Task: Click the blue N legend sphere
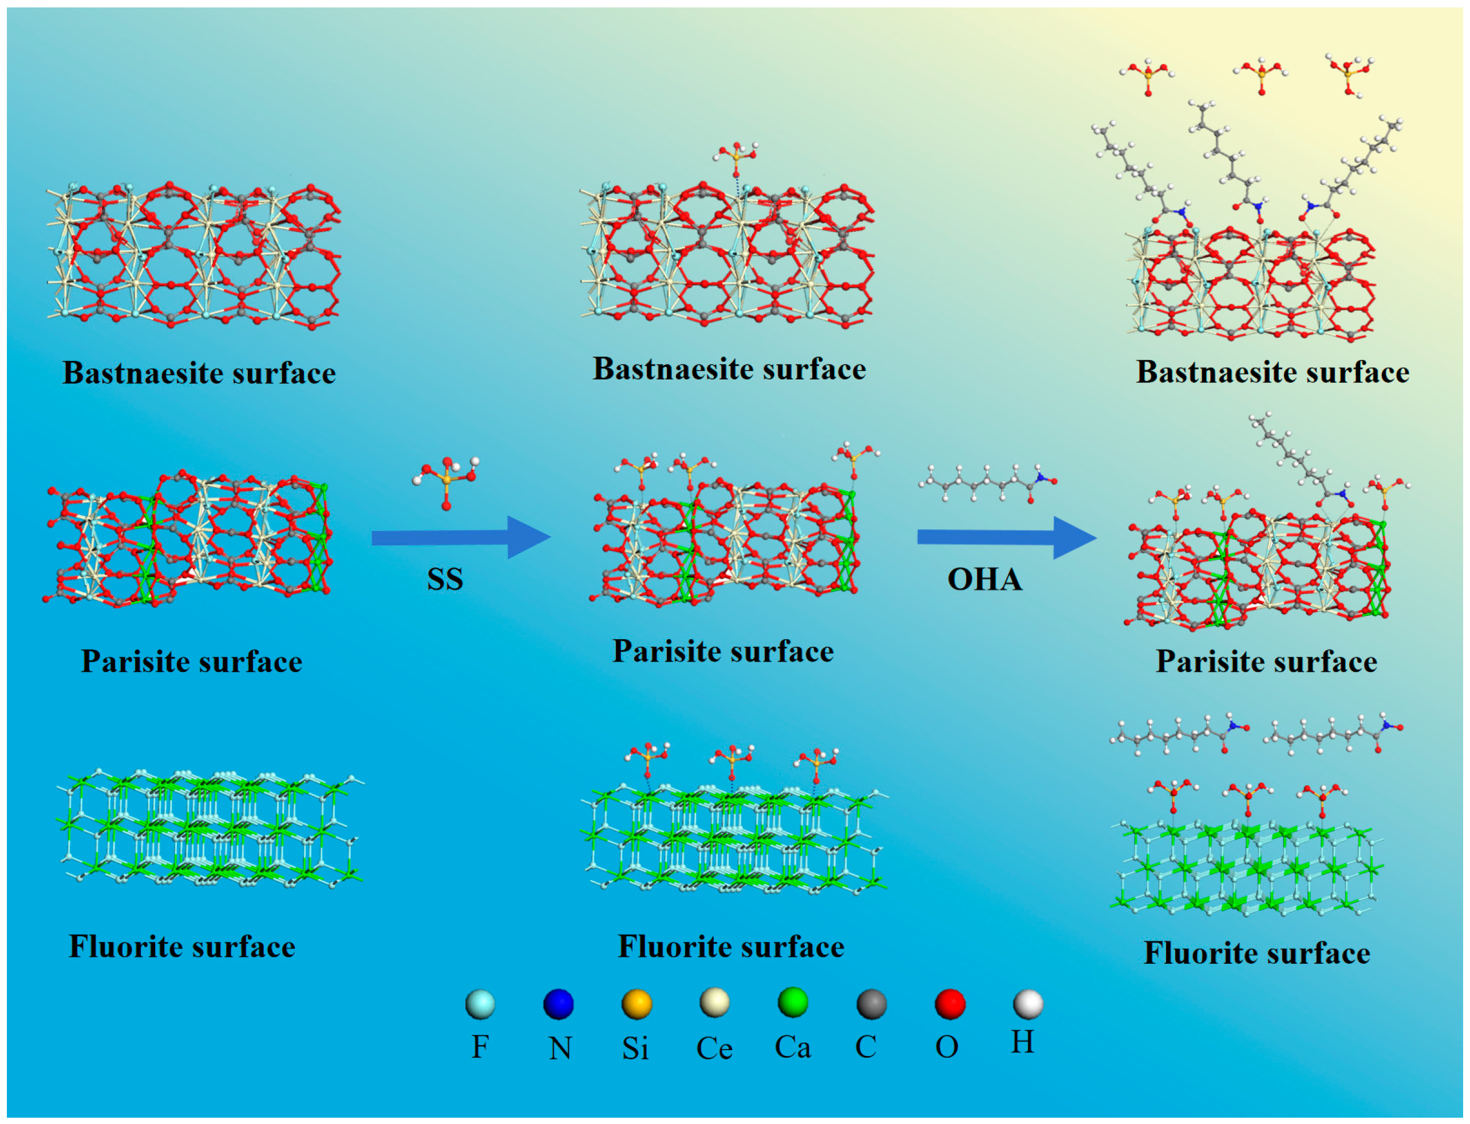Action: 558,1004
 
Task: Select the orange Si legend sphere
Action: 637,1004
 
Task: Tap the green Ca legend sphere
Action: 793,1002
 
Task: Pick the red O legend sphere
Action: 950,1004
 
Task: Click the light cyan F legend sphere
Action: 480,1004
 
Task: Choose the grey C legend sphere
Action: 871,1004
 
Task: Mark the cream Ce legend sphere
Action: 714,1003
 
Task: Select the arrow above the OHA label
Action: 1006,537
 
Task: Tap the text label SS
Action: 445,579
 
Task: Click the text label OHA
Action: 984,579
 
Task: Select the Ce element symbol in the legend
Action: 714,1048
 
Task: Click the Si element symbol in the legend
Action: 635,1048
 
